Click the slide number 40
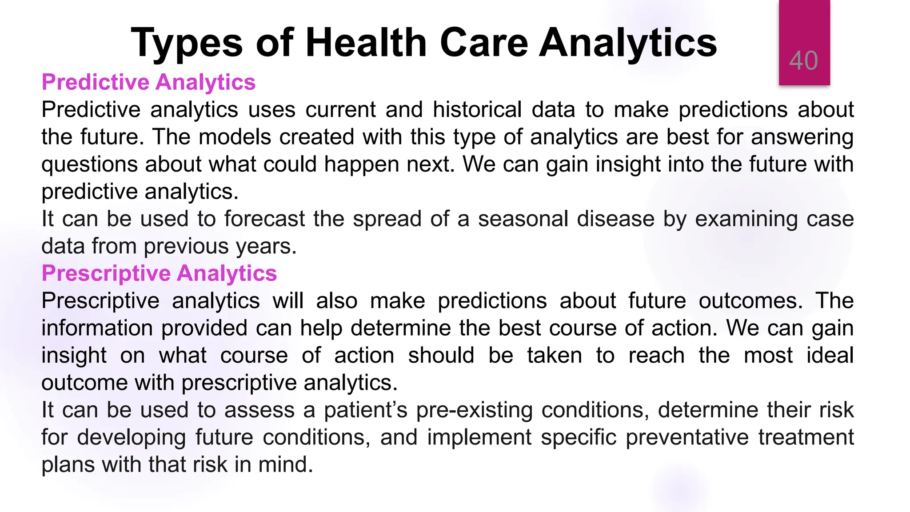(803, 60)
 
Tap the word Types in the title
(187, 44)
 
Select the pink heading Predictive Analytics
(148, 82)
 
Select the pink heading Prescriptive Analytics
(159, 273)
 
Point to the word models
(235, 137)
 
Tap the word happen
(362, 165)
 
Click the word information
(97, 328)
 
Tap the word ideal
(830, 356)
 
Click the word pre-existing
(474, 410)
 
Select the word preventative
(687, 437)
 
